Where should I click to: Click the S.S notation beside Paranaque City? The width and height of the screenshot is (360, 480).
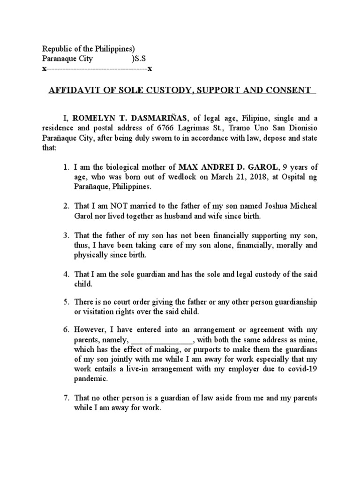140,59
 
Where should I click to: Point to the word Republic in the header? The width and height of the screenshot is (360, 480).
57,49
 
